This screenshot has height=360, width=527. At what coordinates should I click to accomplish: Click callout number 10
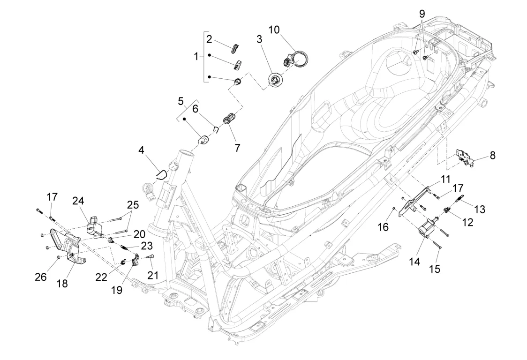point(274,30)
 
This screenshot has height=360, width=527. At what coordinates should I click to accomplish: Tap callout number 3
point(259,39)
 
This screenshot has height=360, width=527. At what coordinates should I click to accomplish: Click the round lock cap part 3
point(276,80)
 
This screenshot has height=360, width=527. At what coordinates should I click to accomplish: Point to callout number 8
point(492,155)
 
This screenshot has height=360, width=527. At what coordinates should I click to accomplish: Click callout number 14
point(414,262)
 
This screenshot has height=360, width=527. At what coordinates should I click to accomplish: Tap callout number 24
point(78,201)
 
